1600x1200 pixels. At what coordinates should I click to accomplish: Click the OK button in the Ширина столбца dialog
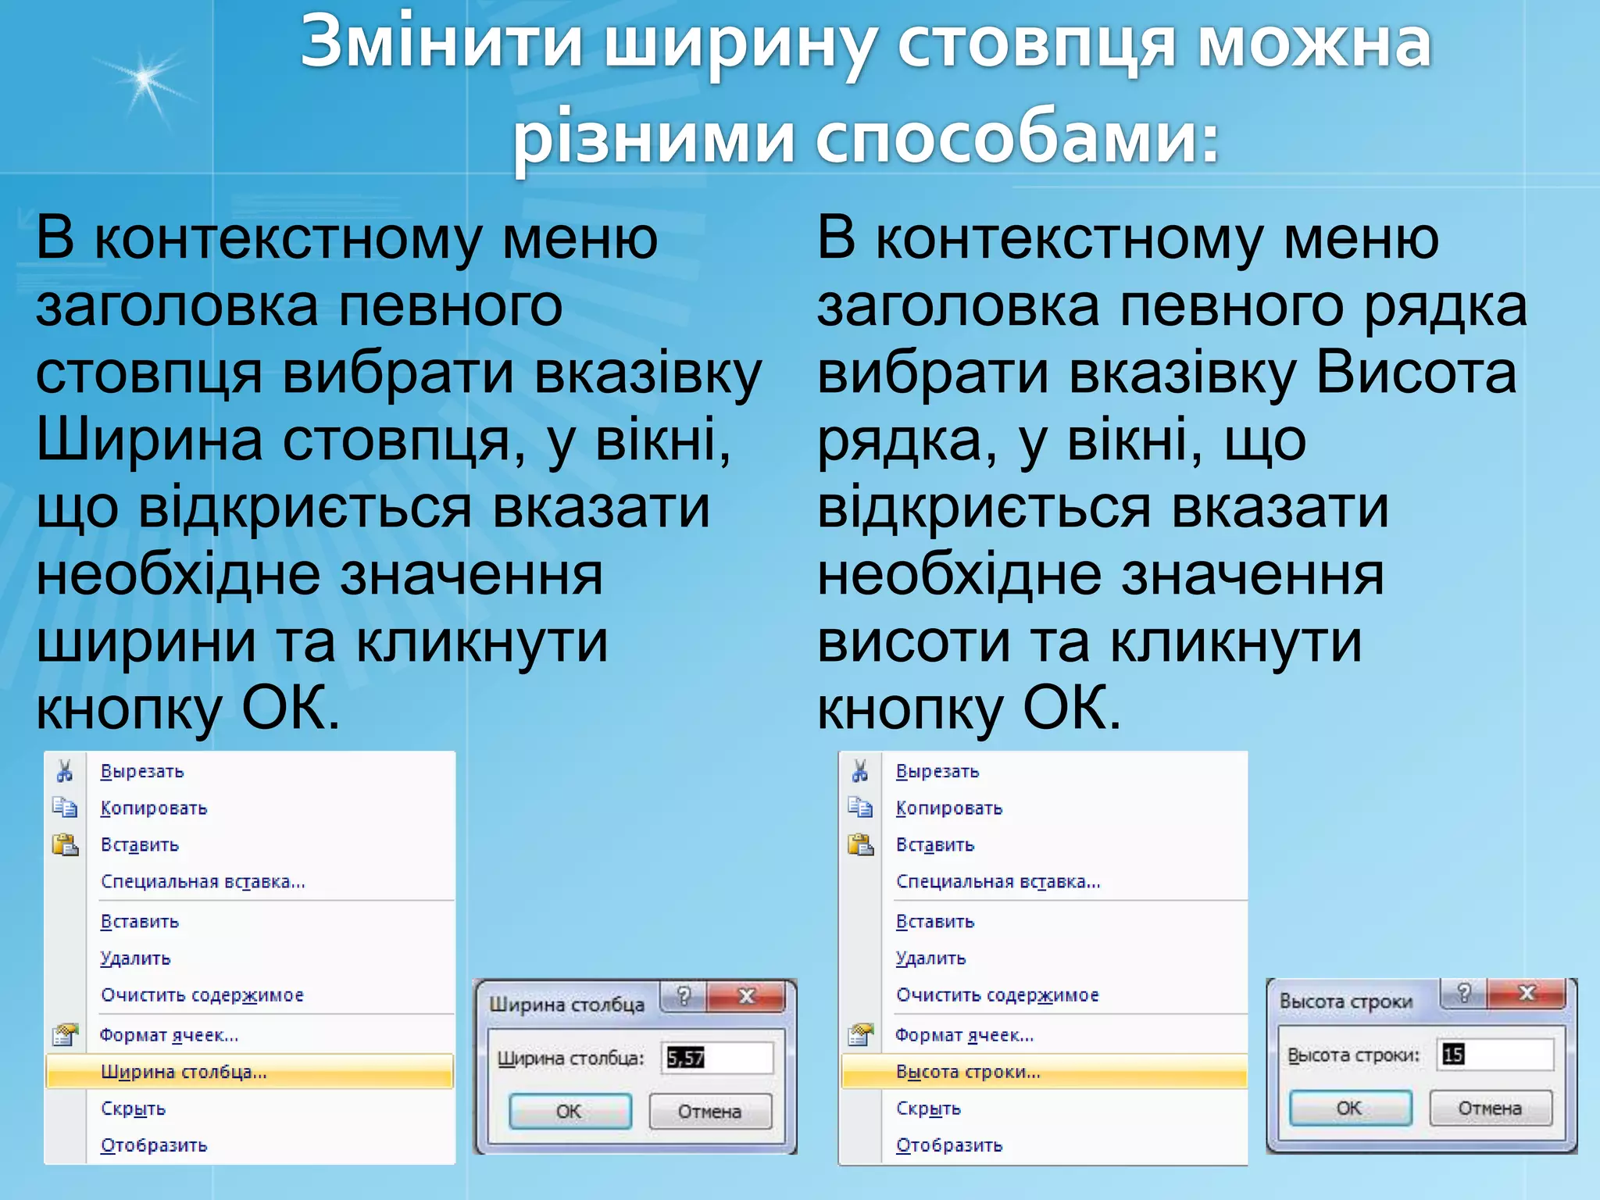click(570, 1110)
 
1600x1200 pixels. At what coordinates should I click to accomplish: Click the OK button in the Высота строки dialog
click(1349, 1108)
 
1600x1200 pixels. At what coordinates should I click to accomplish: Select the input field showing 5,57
click(716, 1058)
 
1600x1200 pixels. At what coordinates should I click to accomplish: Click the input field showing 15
click(1495, 1054)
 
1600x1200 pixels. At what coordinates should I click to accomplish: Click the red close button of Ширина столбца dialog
click(746, 996)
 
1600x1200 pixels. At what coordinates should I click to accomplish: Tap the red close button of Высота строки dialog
click(1527, 993)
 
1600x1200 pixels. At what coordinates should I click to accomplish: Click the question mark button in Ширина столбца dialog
click(684, 996)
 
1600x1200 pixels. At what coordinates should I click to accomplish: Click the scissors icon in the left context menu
click(65, 771)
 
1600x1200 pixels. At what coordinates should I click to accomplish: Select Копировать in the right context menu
click(948, 808)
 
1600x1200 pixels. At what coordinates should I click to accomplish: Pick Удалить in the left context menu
click(135, 958)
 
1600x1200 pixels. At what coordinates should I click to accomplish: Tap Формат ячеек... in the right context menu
click(964, 1035)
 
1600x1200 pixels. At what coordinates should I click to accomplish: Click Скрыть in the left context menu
click(133, 1109)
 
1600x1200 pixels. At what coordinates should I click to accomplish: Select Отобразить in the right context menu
click(948, 1145)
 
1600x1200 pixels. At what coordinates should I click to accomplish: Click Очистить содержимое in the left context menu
click(202, 995)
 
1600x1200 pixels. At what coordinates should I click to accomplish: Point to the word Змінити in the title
click(441, 43)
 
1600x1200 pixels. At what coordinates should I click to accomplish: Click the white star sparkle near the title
click(145, 78)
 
